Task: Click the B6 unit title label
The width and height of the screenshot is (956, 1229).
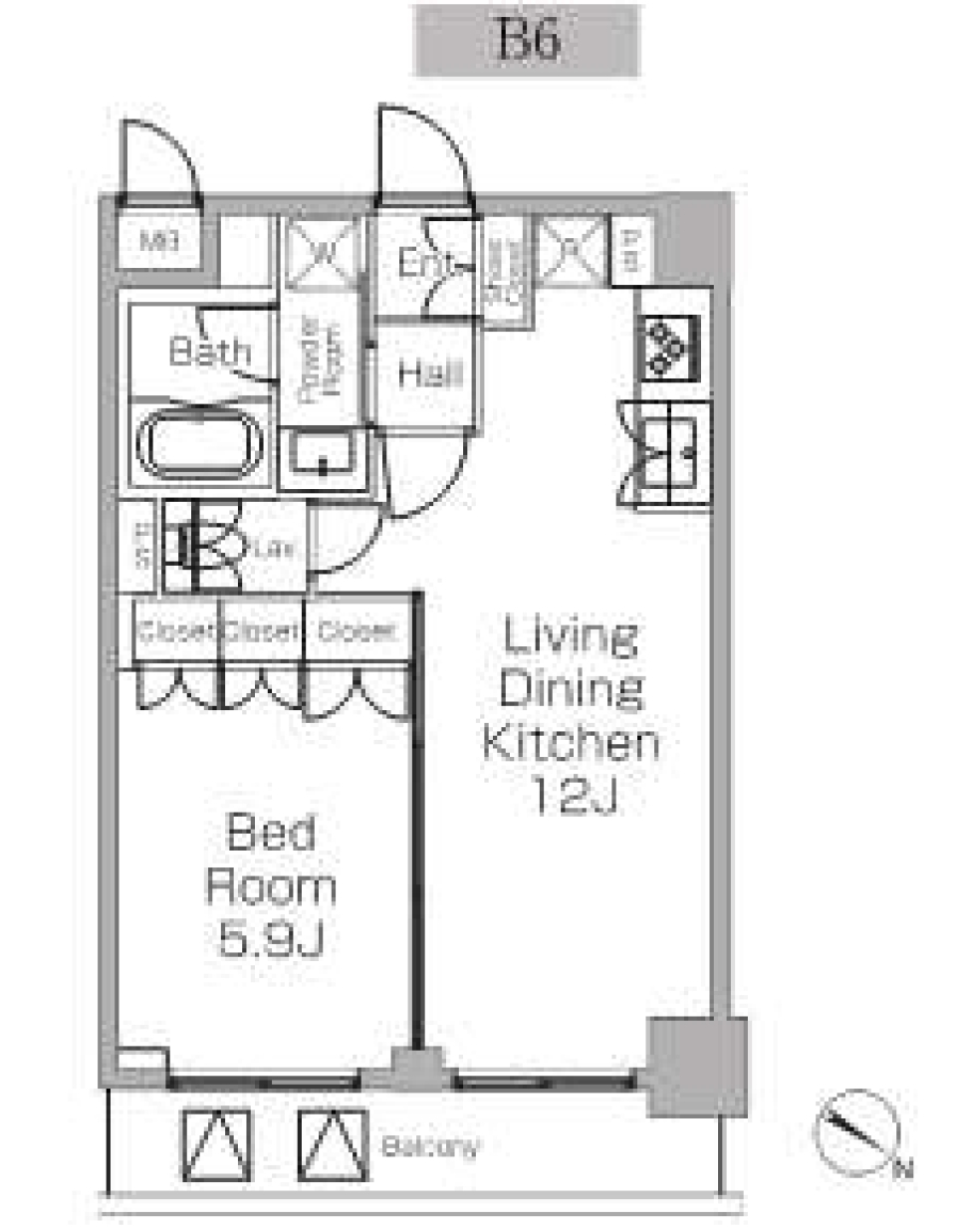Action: click(x=526, y=41)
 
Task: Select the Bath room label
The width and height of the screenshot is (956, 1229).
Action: click(x=209, y=351)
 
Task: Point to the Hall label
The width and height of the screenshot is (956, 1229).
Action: click(x=429, y=374)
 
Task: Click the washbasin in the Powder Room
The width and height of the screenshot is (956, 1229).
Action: click(x=323, y=457)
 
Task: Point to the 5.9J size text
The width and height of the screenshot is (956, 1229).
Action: click(x=270, y=939)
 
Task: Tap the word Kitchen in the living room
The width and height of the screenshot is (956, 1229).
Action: click(x=570, y=743)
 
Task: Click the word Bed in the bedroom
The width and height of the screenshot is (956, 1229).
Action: click(x=270, y=833)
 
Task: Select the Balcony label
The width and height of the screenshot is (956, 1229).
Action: click(x=430, y=1146)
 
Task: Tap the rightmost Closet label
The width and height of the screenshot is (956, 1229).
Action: click(x=356, y=630)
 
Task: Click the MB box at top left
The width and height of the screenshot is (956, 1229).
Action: click(x=159, y=241)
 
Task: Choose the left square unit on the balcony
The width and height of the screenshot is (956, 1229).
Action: click(x=216, y=1145)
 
